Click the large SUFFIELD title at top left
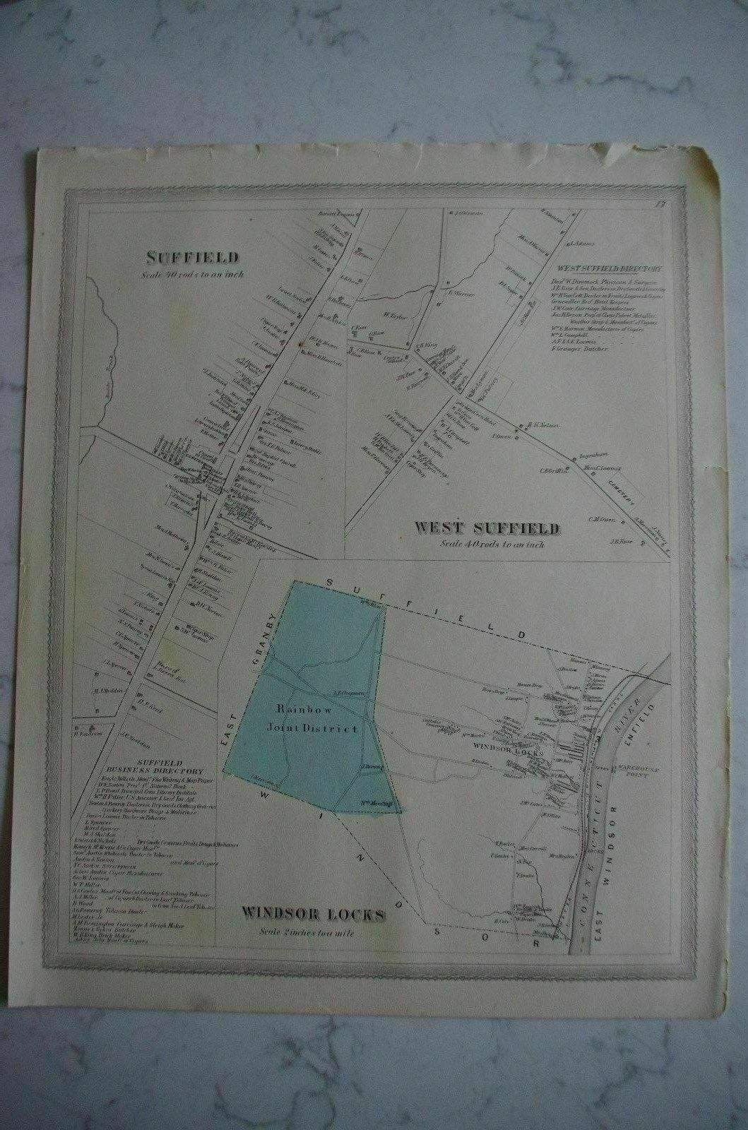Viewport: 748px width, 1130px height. (193, 257)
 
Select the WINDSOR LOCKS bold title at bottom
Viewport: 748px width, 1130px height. (314, 915)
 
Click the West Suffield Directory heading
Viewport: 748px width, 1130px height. (609, 269)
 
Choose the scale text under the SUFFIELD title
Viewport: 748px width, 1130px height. (194, 274)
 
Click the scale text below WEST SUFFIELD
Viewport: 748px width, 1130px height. (487, 544)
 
